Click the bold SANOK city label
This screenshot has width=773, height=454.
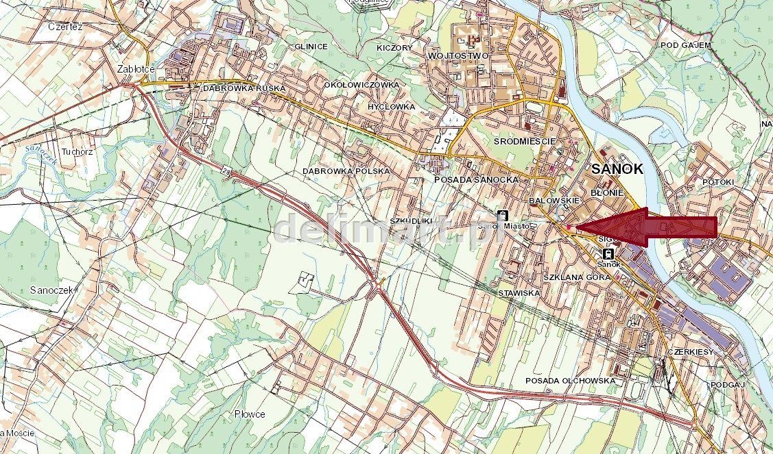617,169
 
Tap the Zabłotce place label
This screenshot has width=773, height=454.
136,69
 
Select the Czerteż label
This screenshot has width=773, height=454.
65,27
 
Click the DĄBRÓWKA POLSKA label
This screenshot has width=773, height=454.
346,171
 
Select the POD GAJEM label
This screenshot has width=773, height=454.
685,45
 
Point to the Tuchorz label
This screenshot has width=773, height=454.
76,152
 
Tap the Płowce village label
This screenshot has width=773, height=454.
250,414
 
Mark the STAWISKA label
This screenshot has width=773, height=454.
519,292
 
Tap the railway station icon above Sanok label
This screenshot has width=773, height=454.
607,253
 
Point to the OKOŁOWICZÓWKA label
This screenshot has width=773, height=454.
361,84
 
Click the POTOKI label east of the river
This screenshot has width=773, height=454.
717,182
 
